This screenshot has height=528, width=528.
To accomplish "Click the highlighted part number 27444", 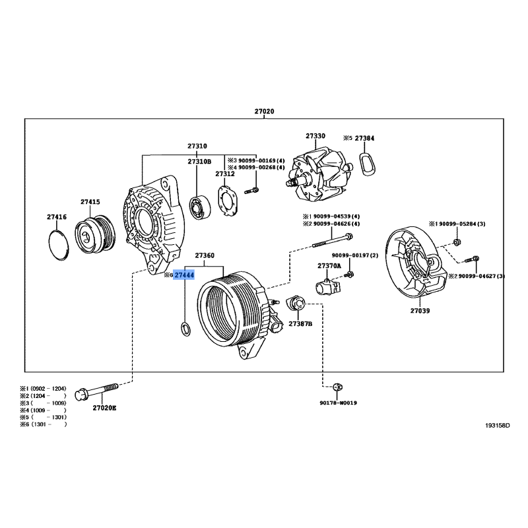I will click(x=184, y=275).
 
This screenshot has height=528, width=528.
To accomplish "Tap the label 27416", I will click(x=57, y=216).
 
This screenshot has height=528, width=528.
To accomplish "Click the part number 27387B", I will click(x=300, y=324).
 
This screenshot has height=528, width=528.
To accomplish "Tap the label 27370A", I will click(x=329, y=265).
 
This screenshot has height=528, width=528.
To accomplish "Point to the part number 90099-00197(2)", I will click(x=355, y=255).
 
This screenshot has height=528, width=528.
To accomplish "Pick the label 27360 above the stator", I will click(x=204, y=255).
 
